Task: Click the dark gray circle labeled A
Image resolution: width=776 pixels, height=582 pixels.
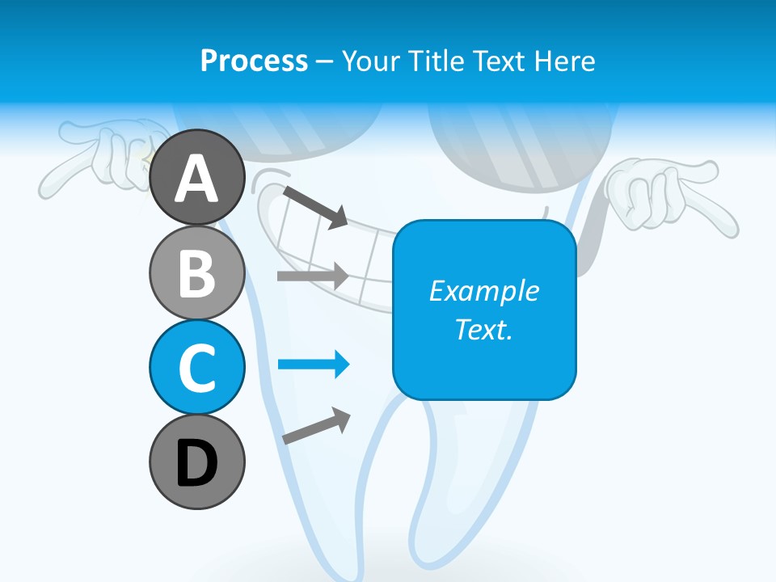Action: click(x=196, y=177)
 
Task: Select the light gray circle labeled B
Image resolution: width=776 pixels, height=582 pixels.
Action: click(x=196, y=272)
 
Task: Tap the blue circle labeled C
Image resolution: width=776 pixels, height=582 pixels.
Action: click(x=196, y=367)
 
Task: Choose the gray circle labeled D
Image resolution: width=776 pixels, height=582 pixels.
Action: click(x=196, y=462)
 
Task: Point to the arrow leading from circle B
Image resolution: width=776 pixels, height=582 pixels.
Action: click(x=313, y=276)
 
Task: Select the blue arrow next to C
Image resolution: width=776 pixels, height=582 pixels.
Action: click(x=314, y=365)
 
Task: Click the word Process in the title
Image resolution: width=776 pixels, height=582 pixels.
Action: click(x=254, y=61)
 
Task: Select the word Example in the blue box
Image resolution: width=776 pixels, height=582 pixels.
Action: click(x=483, y=291)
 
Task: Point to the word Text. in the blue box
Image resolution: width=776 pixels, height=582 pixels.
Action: click(x=483, y=330)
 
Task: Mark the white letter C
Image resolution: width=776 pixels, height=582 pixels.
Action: click(x=196, y=368)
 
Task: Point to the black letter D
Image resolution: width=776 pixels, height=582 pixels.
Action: click(x=196, y=462)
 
